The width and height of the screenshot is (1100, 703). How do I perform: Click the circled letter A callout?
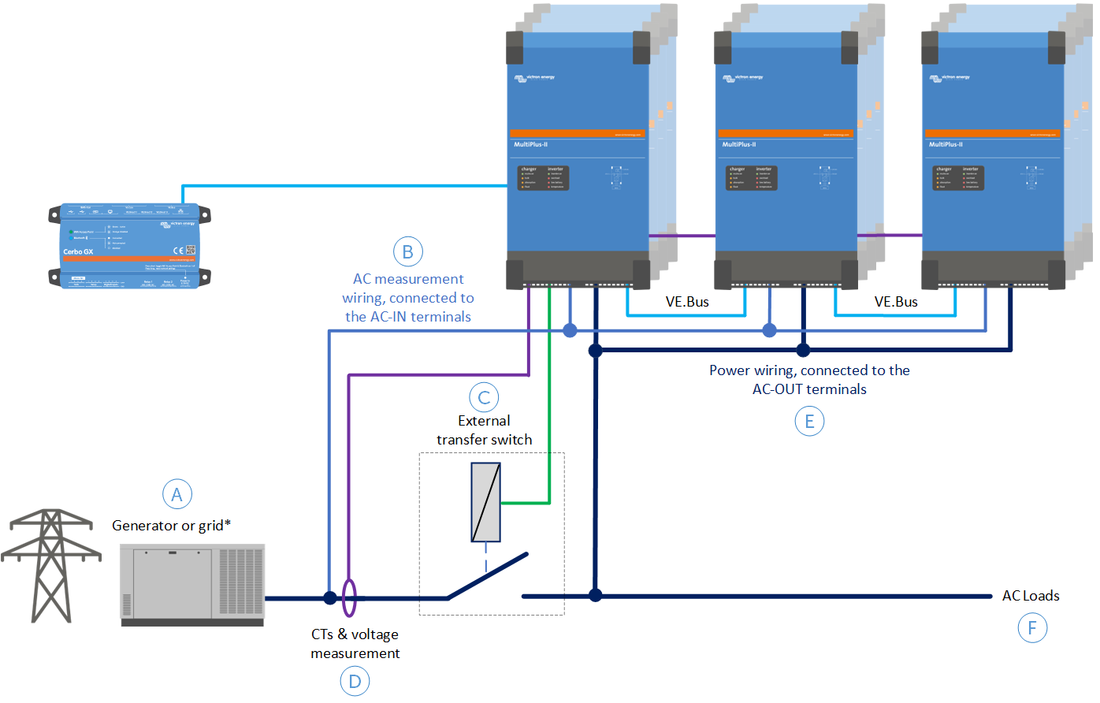[177, 494]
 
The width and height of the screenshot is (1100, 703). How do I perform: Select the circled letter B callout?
[408, 252]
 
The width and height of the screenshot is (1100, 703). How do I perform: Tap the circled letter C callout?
[484, 398]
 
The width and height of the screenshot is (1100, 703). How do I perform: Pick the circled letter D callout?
[355, 682]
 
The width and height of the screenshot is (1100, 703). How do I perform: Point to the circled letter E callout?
[809, 422]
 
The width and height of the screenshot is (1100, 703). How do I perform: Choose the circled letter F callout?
[1032, 628]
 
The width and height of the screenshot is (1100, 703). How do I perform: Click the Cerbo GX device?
[130, 246]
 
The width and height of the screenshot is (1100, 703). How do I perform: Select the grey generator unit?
[192, 585]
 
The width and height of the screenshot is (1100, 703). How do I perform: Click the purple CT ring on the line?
[349, 598]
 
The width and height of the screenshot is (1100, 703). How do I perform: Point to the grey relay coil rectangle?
[485, 502]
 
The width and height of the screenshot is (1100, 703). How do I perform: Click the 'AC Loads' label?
[1030, 596]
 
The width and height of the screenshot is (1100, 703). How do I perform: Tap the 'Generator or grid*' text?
[171, 526]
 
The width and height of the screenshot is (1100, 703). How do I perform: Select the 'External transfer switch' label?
[484, 430]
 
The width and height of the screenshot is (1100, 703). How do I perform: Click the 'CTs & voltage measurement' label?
[355, 644]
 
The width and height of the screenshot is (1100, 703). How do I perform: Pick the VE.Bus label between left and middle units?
[687, 302]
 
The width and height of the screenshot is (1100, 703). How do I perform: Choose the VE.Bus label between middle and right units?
[896, 302]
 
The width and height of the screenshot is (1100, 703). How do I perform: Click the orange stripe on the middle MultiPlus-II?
[786, 133]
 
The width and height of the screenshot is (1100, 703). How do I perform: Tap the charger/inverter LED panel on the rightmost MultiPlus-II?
[958, 178]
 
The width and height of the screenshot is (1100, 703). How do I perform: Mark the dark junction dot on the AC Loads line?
[596, 596]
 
